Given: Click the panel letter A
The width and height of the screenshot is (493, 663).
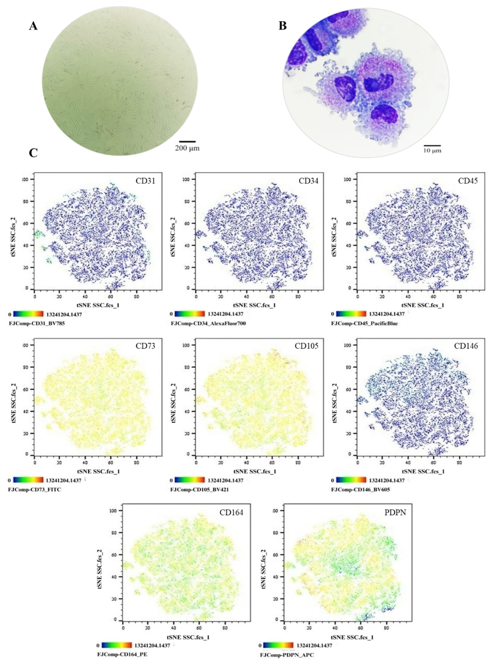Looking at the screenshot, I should (33, 26).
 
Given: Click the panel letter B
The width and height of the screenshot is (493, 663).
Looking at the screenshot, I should (282, 26).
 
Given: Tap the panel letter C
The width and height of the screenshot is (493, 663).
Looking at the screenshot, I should (33, 153).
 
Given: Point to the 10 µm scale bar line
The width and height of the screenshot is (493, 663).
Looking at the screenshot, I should (432, 146).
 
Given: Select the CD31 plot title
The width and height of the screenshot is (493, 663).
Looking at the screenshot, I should (145, 181).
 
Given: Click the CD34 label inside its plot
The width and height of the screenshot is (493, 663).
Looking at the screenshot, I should (308, 181).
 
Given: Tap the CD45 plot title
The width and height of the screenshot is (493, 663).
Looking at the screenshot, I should (468, 181).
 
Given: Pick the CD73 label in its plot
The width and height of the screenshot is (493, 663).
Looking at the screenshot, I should (145, 346).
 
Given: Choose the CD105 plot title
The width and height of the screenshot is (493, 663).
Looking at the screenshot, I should (306, 346).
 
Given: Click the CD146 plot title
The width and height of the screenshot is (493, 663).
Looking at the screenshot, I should (466, 346).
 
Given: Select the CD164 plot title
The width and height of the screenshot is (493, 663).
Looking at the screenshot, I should (231, 512).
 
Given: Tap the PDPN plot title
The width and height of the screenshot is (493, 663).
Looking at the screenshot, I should (395, 512).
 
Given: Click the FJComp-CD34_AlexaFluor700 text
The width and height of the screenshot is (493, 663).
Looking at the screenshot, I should (208, 323).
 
